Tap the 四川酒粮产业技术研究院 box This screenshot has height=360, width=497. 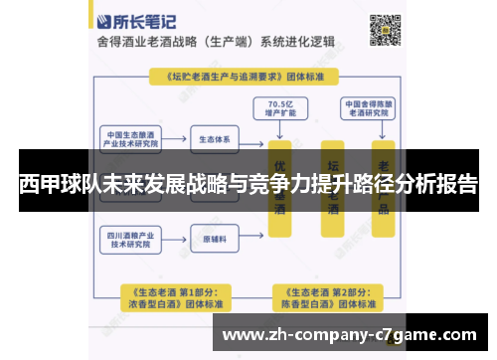coord(128,239)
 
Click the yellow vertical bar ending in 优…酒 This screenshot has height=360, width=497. coord(283,189)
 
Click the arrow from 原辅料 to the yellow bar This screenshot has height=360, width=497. coord(253,239)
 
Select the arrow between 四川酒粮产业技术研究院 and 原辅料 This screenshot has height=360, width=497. coord(177,239)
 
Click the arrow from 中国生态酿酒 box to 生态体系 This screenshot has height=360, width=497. coord(177,138)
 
